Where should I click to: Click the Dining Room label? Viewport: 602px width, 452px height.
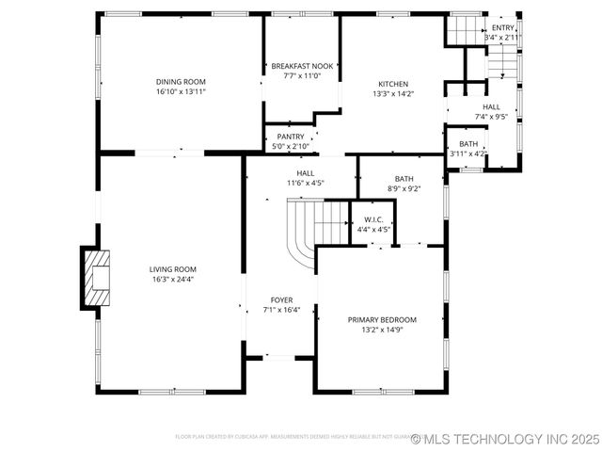(181, 81)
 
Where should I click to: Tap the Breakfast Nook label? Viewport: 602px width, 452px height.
(302, 66)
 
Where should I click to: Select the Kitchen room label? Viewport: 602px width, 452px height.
(393, 83)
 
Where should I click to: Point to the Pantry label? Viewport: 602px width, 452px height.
(290, 137)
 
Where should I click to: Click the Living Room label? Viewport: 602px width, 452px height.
(173, 269)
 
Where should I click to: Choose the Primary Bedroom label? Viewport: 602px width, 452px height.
(382, 320)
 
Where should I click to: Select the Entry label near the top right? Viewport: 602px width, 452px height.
(503, 28)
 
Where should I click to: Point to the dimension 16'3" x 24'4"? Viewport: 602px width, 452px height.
(173, 280)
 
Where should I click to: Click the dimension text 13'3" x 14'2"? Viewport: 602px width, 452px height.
(393, 93)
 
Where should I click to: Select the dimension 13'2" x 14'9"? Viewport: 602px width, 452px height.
(382, 331)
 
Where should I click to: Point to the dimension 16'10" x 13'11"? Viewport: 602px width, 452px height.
(181, 91)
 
